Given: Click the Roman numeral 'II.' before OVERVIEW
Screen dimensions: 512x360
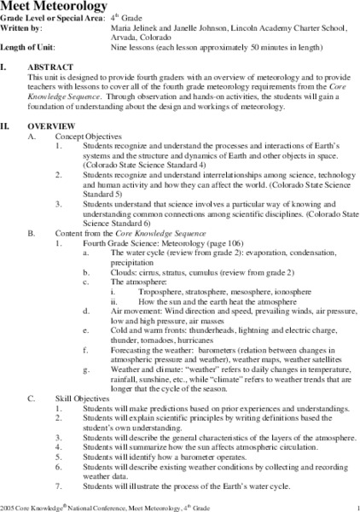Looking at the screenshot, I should pos(9,125).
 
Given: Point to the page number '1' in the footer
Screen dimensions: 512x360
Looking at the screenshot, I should pos(351,507).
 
